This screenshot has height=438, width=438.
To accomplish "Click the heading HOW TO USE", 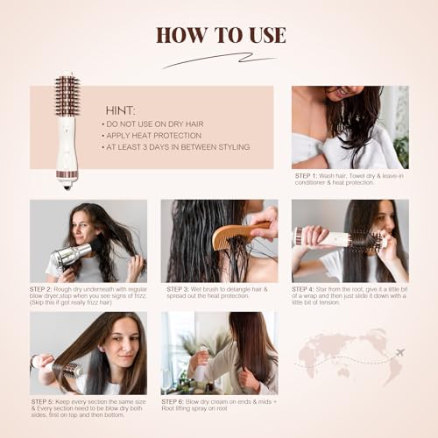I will coord(220,35).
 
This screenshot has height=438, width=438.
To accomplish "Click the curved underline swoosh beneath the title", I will coord(219,60).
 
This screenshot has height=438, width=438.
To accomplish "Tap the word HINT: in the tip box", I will coord(121,111).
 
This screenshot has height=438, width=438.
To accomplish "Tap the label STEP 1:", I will coord(309,175).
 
